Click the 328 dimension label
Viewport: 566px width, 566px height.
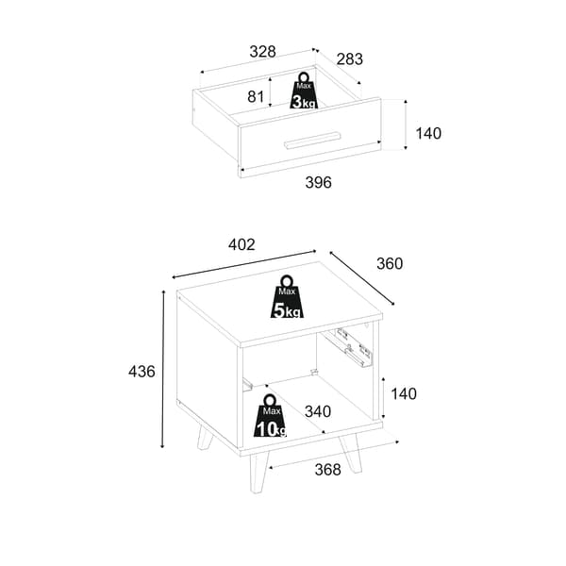point(262,52)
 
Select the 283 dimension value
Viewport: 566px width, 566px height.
point(349,59)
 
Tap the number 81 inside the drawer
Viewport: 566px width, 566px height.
point(256,96)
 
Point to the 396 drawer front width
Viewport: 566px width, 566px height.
point(318,182)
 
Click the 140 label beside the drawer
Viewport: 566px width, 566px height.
point(428,133)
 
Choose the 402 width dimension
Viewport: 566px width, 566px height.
point(241,244)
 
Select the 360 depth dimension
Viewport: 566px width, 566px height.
point(390,263)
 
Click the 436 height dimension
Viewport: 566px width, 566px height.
point(141,372)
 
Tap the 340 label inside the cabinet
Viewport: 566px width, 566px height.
point(318,411)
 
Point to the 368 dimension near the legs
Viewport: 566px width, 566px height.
point(327,470)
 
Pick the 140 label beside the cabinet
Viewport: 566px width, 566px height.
point(404,393)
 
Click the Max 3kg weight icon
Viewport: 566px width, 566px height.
point(304,91)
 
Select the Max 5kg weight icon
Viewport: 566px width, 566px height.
point(287,297)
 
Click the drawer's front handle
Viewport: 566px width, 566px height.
point(312,141)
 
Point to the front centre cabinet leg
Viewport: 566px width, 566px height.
point(258,474)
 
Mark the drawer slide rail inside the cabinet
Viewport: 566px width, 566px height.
point(347,347)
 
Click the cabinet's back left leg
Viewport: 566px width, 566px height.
point(206,437)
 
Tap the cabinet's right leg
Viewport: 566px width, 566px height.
point(351,453)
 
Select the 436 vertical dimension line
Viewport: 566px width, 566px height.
point(163,369)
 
